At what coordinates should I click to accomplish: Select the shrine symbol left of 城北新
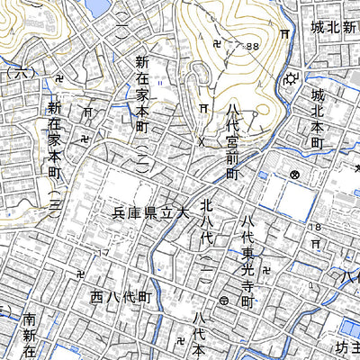(x=283, y=34)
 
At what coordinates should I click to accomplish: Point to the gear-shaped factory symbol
(x=289, y=79)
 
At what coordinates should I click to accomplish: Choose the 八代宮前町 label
(x=232, y=141)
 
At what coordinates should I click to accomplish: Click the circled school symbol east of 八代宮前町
(x=294, y=173)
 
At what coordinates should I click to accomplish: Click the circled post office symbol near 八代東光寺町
(x=224, y=301)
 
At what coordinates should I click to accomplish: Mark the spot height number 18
(x=315, y=229)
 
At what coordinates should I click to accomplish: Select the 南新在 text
(x=30, y=335)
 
